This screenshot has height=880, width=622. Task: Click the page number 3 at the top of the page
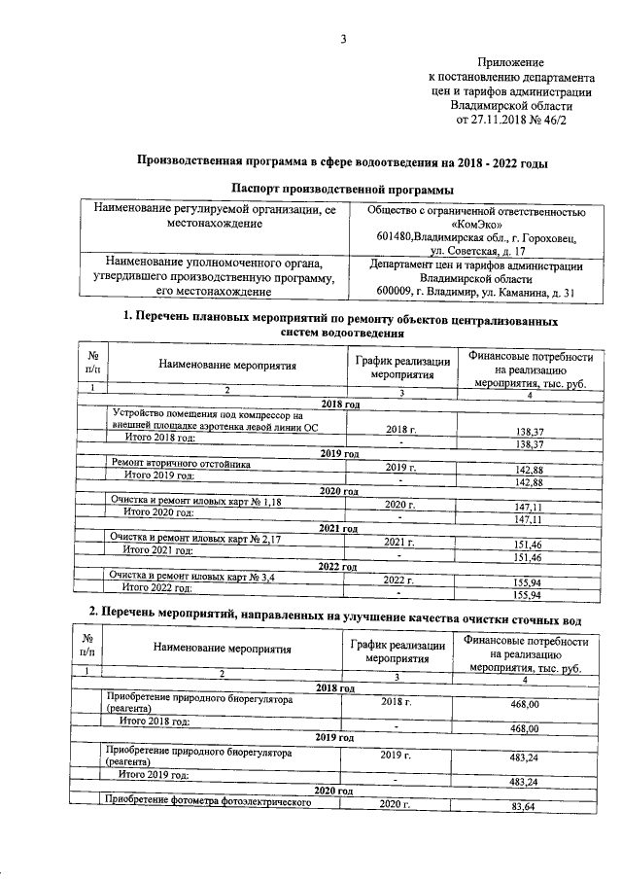coord(342,39)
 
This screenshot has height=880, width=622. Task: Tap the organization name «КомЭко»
coord(476,223)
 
